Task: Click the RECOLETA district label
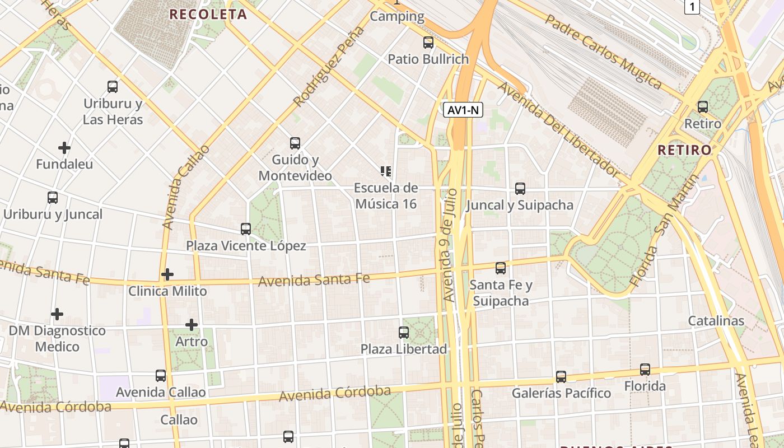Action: point(208,15)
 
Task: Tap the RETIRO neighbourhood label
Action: point(684,150)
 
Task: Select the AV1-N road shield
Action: point(463,110)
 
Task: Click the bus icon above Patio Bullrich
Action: point(428,43)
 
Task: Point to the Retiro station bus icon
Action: point(703,107)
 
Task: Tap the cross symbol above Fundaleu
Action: point(64,148)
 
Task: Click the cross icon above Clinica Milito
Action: point(167,274)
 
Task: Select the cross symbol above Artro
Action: point(192,325)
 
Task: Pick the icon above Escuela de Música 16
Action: point(386,171)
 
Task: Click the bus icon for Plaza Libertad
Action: point(404,333)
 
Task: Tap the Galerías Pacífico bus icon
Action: point(561,377)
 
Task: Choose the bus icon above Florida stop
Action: point(645,370)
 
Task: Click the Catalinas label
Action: point(716,321)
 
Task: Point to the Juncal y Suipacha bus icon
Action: point(520,189)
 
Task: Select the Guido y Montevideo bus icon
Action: point(295,143)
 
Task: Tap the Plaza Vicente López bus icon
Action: point(246,229)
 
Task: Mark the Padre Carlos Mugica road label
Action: point(604,52)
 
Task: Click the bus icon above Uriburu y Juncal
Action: point(53,198)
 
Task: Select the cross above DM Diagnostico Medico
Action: point(57,314)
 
